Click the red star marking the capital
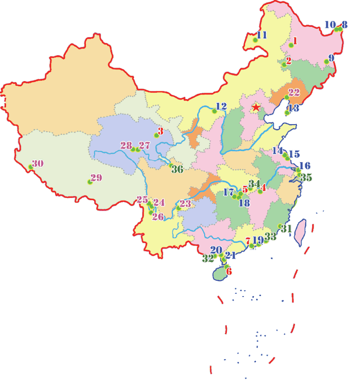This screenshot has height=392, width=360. click(256, 107)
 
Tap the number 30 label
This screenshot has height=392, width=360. click(38, 163)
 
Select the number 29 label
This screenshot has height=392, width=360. click(96, 177)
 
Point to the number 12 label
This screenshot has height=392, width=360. click(221, 106)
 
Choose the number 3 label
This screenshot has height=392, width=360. click(161, 131)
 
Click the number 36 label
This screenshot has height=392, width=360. click(177, 169)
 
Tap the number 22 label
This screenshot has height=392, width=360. click(294, 92)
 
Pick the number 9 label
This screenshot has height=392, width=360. click(331, 58)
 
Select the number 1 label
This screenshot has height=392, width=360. click(295, 41)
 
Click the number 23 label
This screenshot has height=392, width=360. click(185, 203)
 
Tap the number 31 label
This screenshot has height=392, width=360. click(286, 228)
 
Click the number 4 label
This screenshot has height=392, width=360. click(263, 187)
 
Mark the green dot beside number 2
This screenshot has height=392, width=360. click(284, 64)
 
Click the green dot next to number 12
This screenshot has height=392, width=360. click(214, 111)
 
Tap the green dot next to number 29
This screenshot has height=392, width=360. click(90, 182)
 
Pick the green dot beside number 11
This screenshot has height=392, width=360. click(255, 40)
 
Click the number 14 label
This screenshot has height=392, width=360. click(277, 151)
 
